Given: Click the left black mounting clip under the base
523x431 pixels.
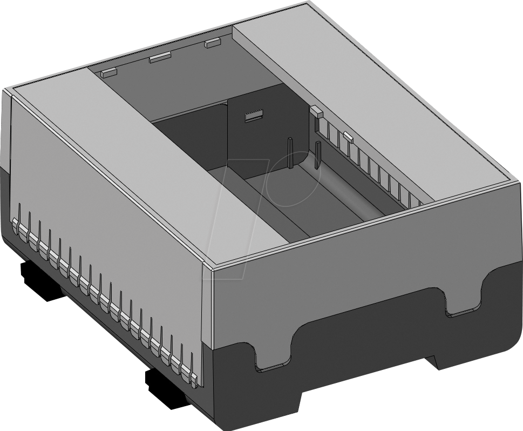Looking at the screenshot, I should (40, 280).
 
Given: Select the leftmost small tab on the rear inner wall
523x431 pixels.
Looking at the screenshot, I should (109, 71).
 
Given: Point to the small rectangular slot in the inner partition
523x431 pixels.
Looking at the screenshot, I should (253, 116).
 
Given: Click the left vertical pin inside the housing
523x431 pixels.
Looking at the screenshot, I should (290, 153).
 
